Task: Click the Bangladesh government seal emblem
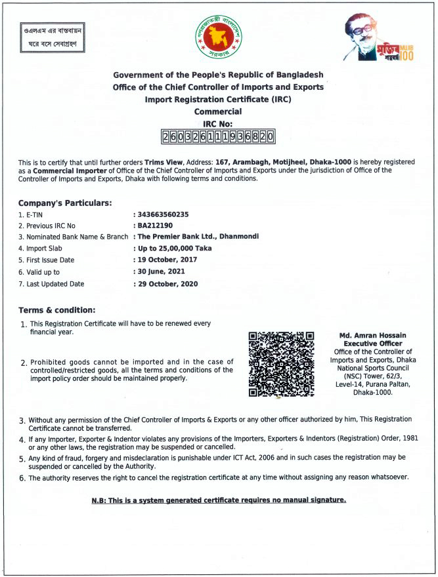coord(217,37)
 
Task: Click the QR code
coord(281,364)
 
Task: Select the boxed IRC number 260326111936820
coord(217,136)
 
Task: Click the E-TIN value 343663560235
coord(162,214)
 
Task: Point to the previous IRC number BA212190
coord(155,225)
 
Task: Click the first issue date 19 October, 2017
coord(166,260)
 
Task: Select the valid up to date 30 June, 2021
coord(160,271)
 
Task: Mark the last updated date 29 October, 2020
coord(167,284)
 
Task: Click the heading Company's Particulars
coord(65,203)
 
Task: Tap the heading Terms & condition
coord(56,309)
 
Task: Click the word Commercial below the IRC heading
coord(218,111)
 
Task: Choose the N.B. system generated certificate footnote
coord(218,500)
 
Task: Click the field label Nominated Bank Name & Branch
coord(73,237)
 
